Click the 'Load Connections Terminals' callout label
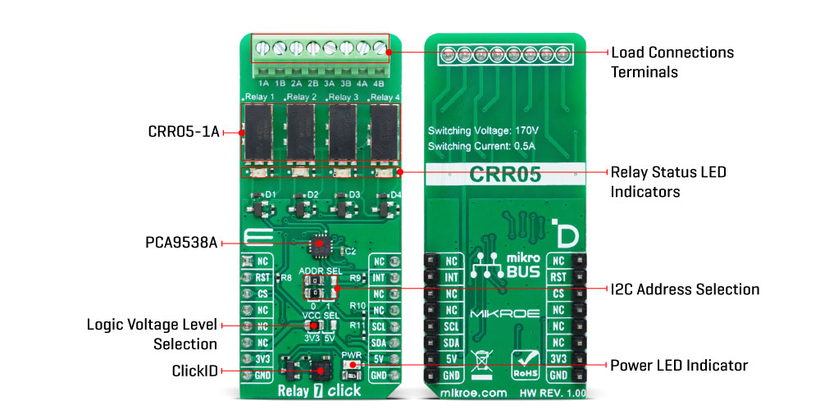pyautogui.click(x=672, y=61)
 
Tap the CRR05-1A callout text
pyautogui.click(x=184, y=131)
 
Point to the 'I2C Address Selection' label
pyautogui.click(x=685, y=289)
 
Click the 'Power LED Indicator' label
pyautogui.click(x=679, y=364)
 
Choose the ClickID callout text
pyautogui.click(x=195, y=371)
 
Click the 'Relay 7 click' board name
pyautogui.click(x=321, y=391)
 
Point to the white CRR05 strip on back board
pyautogui.click(x=504, y=174)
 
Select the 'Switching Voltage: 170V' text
pyautogui.click(x=483, y=130)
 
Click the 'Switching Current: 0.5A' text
pyautogui.click(x=481, y=146)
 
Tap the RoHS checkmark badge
pyautogui.click(x=525, y=362)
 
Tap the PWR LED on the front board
pyautogui.click(x=350, y=365)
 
